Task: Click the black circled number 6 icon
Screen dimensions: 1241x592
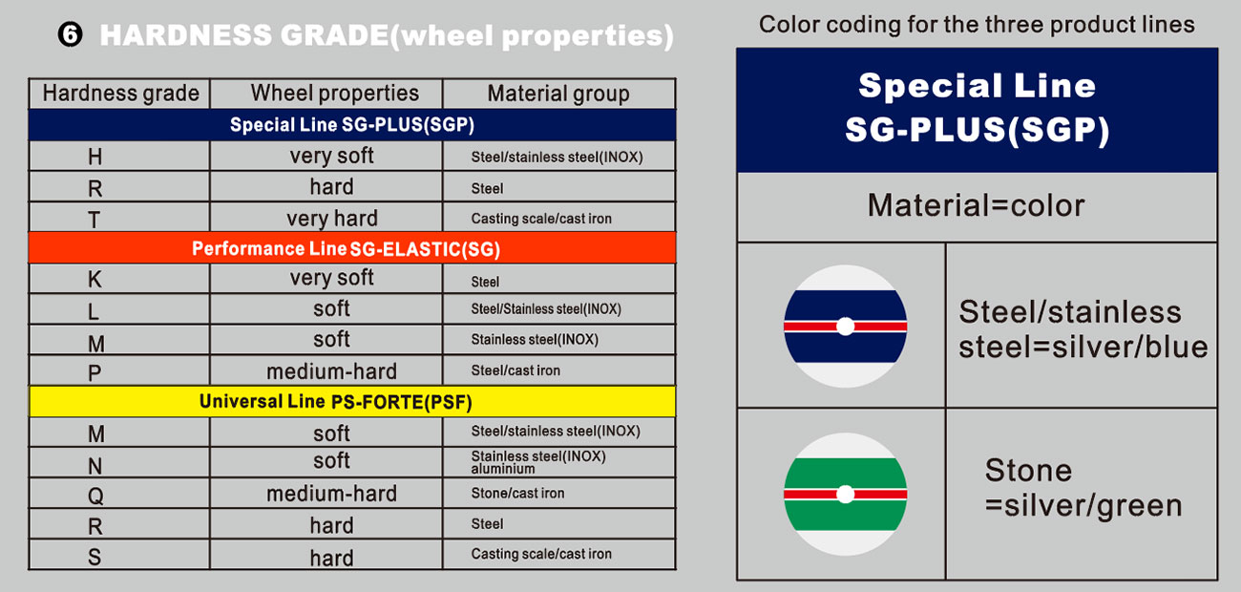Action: (71, 35)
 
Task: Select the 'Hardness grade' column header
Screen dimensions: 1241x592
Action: (121, 94)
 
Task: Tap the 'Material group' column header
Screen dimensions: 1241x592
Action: (558, 94)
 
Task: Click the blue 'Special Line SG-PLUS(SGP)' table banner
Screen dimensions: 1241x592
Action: (352, 125)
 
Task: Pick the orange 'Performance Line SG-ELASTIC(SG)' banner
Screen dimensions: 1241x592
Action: (352, 248)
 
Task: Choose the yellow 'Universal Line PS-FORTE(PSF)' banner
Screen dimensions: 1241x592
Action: (352, 401)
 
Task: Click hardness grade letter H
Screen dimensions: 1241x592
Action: (95, 157)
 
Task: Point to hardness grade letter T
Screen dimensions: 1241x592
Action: (95, 220)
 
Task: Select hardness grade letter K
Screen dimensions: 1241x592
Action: (95, 279)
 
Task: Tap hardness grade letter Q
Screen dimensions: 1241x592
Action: (95, 495)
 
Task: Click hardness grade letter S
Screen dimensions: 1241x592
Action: (95, 557)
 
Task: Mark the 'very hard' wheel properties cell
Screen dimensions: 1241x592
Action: (332, 219)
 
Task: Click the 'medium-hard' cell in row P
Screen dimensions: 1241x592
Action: (331, 371)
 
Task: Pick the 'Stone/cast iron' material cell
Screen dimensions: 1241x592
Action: (517, 493)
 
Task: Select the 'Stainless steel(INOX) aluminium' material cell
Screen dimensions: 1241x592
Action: (538, 462)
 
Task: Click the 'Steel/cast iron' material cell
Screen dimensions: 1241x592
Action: (515, 370)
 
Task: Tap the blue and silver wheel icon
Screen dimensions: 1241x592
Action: (846, 327)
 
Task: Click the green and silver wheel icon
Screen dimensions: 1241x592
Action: (846, 494)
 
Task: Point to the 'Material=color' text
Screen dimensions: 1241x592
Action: (977, 205)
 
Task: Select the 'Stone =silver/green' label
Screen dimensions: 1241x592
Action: (1083, 488)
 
